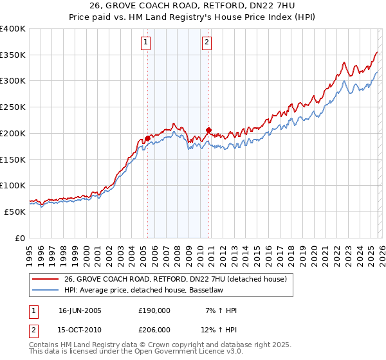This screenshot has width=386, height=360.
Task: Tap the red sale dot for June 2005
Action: pyautogui.click(x=147, y=138)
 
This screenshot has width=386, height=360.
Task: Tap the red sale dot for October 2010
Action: pyautogui.click(x=208, y=130)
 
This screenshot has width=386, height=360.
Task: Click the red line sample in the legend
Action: pyautogui.click(x=45, y=279)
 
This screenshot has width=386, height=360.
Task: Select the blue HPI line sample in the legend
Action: pyautogui.click(x=45, y=290)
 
